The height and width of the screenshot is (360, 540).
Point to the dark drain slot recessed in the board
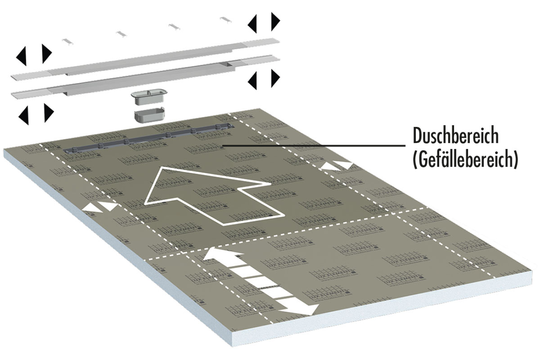point(148,139)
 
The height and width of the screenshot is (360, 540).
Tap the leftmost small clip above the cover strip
point(67,40)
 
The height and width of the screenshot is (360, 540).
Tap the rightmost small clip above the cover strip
point(225,19)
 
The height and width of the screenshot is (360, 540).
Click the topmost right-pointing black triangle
point(275,21)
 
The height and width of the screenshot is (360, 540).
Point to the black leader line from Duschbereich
point(315,145)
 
